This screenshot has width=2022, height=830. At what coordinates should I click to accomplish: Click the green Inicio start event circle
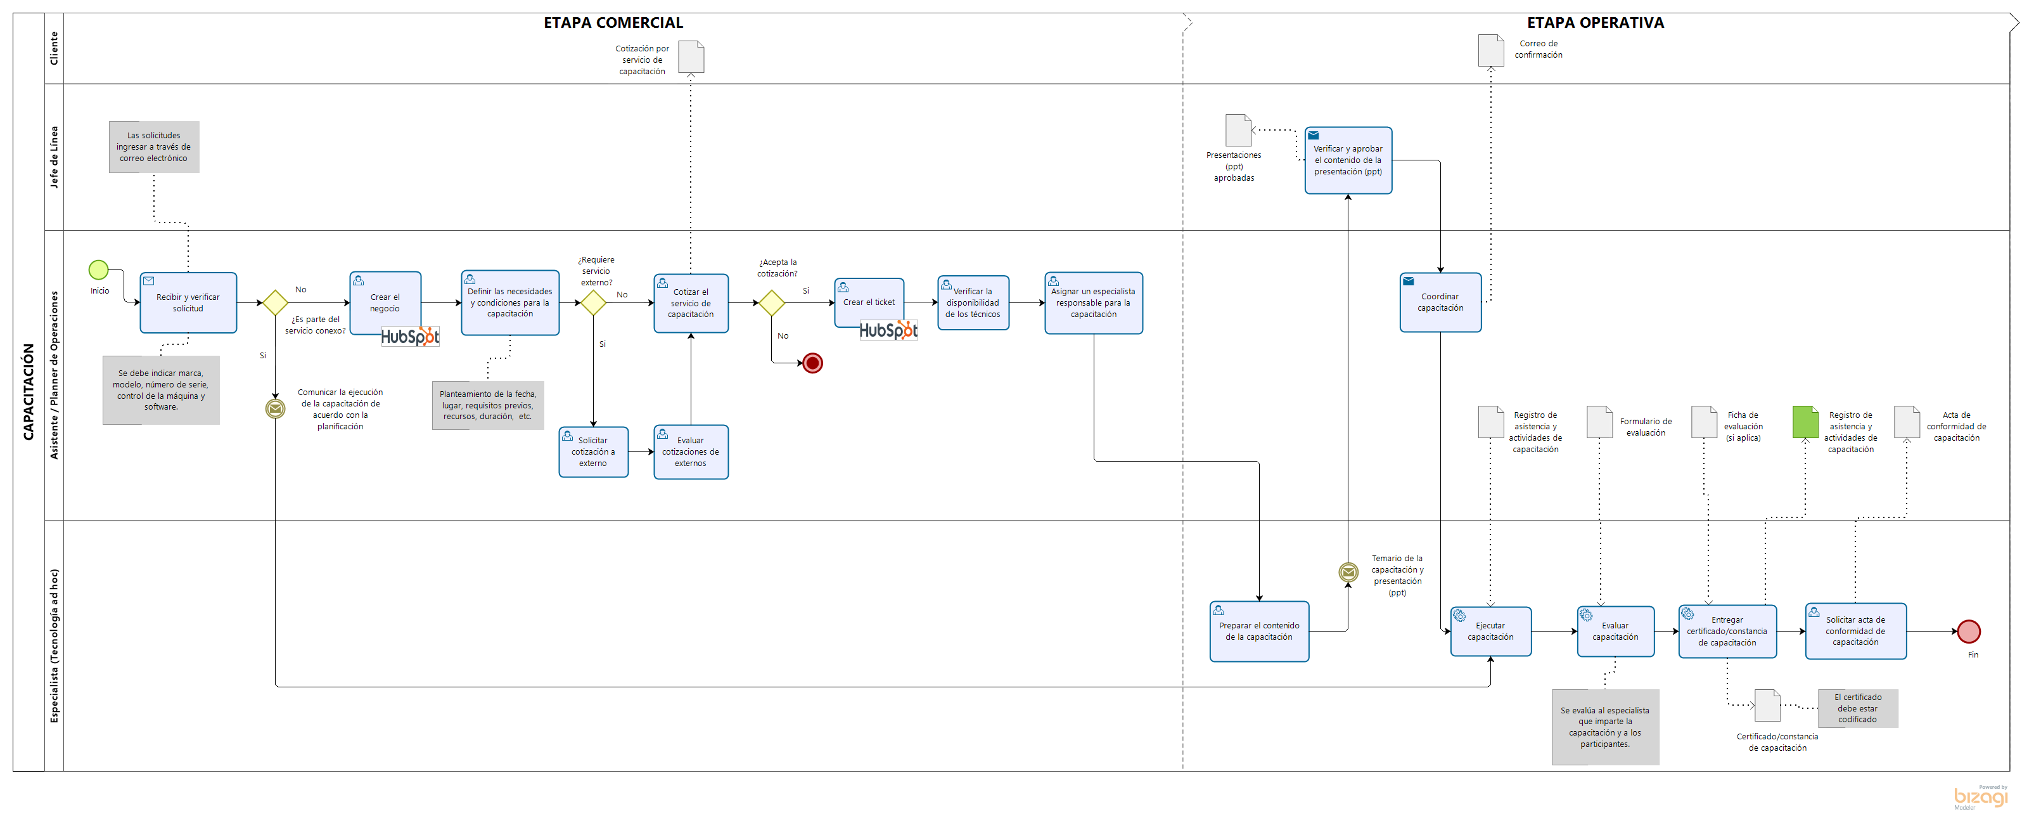coord(98,270)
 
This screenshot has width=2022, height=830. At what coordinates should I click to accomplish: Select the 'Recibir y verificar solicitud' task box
coord(188,303)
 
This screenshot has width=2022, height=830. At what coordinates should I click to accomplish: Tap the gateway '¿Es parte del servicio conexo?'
coord(275,303)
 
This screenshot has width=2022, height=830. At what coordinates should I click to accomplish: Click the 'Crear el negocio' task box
coord(385,302)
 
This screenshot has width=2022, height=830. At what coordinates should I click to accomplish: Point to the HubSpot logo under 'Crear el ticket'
coord(888,330)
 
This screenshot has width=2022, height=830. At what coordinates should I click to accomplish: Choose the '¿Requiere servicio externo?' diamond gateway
coord(592,303)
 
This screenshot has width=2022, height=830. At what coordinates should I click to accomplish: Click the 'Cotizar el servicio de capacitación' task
coord(691,303)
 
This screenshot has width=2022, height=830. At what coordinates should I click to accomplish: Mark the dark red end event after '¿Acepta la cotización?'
coord(812,363)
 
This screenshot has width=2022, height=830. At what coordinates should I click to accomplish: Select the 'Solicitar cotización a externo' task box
coord(593,451)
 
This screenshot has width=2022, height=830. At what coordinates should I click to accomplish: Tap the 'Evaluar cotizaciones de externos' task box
coord(691,451)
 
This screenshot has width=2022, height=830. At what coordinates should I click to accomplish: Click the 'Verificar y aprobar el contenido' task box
coord(1348,160)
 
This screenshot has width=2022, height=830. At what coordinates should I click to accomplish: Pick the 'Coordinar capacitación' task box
coord(1440,302)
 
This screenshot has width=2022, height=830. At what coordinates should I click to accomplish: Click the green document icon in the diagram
coord(1805,422)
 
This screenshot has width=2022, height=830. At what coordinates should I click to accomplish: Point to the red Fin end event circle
coord(1969,632)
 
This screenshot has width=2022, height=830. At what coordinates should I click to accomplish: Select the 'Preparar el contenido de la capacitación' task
coord(1259,632)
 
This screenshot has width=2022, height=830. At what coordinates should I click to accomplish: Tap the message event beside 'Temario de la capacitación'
coord(1348,573)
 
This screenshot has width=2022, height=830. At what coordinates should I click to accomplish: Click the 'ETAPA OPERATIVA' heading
coord(1595,23)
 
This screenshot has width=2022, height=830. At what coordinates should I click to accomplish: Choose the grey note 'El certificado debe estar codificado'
coord(1857,708)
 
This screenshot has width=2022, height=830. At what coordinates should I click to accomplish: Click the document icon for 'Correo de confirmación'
coord(1490,50)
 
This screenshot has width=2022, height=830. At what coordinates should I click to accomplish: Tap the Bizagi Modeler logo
coord(1980,797)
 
